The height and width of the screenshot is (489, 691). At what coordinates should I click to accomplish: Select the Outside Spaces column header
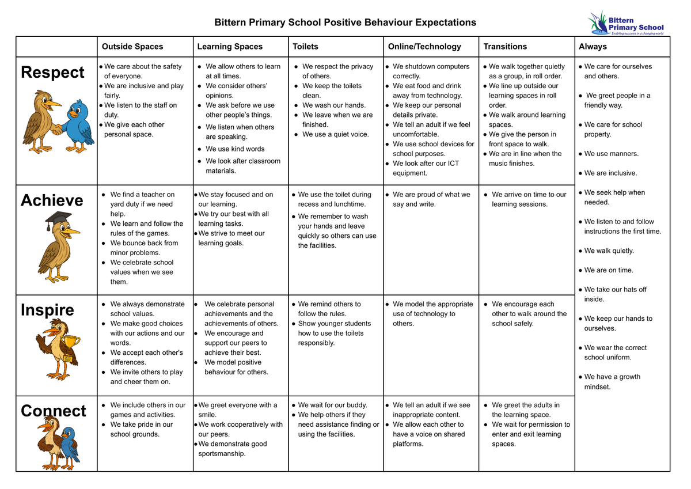(x=132, y=47)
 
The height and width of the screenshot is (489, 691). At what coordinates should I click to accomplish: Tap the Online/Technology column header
(x=424, y=47)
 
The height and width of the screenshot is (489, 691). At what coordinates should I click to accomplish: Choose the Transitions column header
(x=505, y=47)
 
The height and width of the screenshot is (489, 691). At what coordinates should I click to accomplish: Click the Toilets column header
(x=305, y=47)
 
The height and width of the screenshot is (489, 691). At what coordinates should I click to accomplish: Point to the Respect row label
(x=52, y=73)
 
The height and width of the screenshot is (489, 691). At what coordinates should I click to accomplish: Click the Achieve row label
(x=52, y=200)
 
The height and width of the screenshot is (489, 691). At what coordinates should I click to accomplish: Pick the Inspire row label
(x=47, y=310)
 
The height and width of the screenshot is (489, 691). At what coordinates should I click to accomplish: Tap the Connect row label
(x=53, y=411)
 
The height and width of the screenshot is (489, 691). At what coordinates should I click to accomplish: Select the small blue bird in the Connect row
(x=70, y=444)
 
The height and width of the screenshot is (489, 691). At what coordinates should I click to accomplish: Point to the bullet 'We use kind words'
(x=234, y=149)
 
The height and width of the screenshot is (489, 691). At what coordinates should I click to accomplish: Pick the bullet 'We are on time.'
(x=608, y=270)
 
